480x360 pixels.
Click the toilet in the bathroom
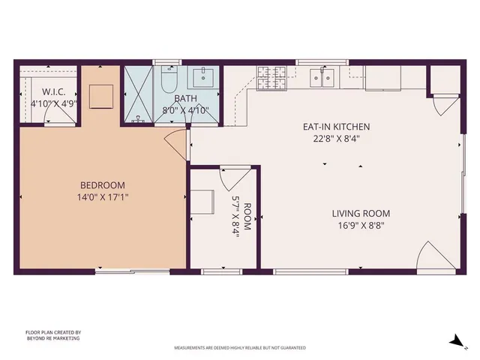point(168,79)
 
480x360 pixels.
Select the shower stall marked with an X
point(140,94)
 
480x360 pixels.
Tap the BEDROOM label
point(103,185)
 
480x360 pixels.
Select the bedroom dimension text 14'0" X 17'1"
point(103,198)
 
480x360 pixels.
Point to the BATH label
point(185,98)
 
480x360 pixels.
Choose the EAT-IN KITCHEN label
point(335,127)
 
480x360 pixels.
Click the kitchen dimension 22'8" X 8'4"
point(335,138)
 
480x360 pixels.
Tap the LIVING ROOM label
point(361,213)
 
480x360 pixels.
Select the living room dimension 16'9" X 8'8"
point(361,225)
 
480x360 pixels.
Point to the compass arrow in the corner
point(455,340)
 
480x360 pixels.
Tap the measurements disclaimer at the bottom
point(240,348)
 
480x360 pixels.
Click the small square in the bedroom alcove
point(101,96)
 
